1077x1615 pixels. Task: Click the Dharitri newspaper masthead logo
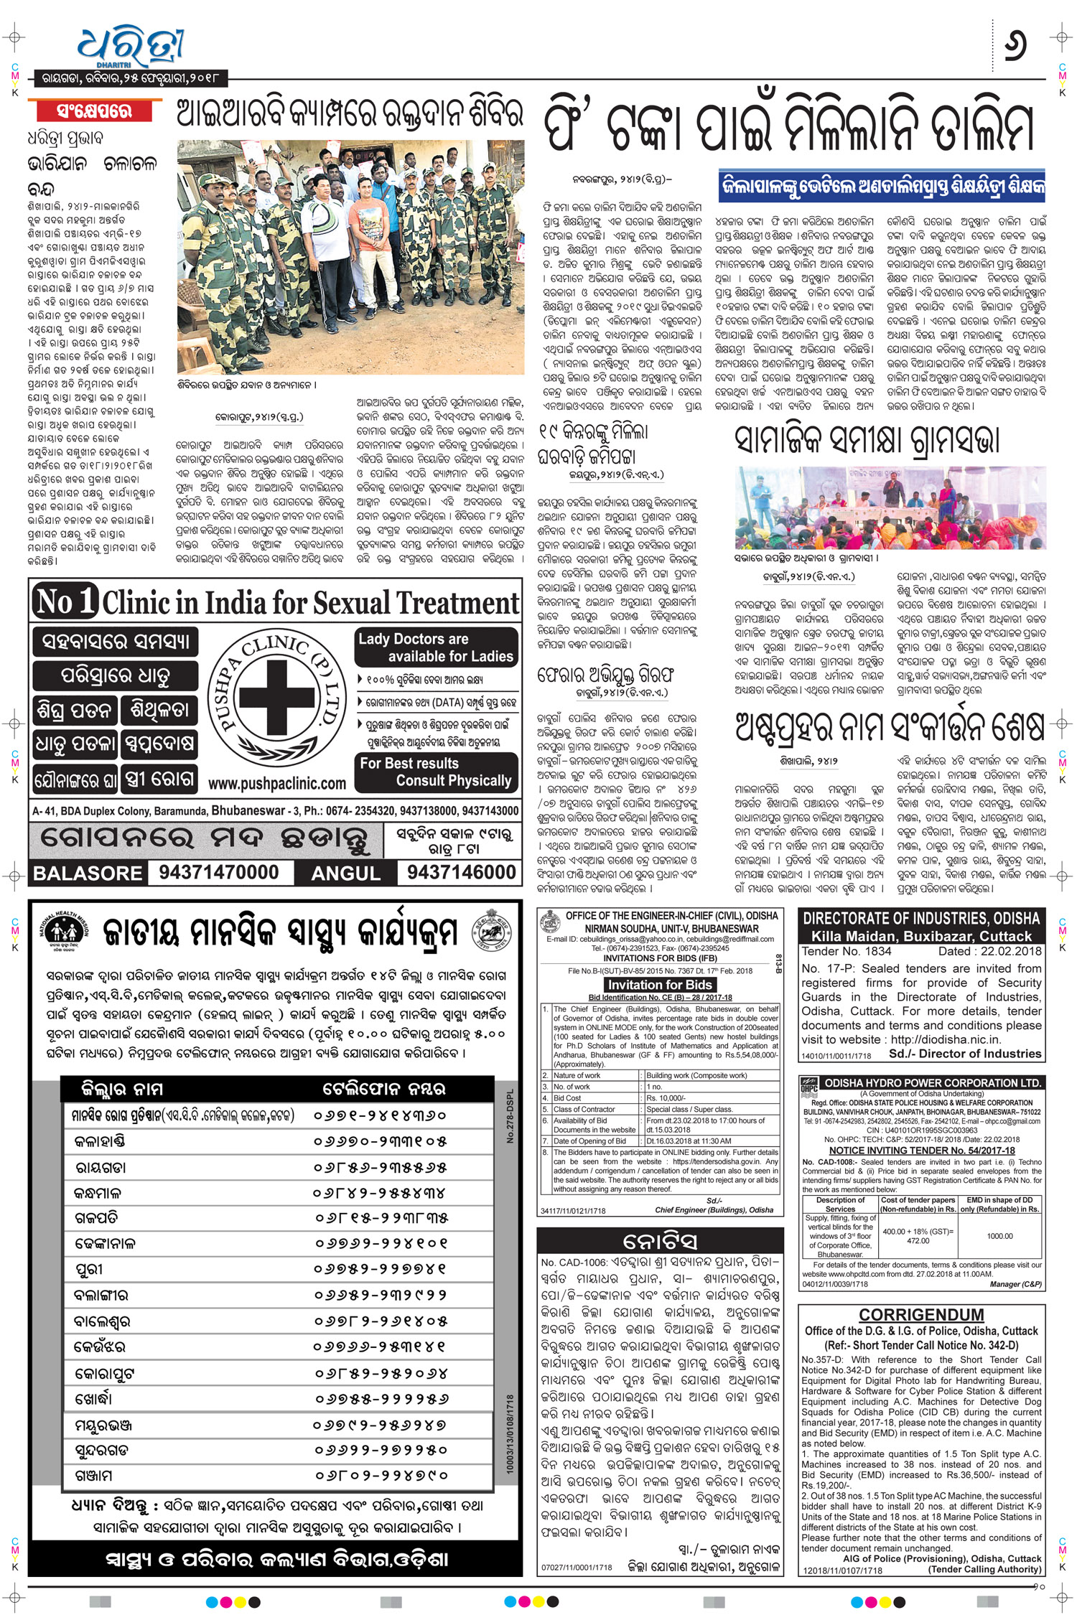point(131,48)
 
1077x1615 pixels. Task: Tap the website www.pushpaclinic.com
point(277,783)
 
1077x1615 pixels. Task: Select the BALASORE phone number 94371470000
point(219,872)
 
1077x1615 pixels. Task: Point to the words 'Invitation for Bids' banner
point(660,985)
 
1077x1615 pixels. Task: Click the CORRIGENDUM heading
point(921,1314)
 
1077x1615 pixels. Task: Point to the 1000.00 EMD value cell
point(999,1236)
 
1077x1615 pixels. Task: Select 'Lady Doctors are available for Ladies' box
point(436,647)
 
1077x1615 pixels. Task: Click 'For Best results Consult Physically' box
point(436,772)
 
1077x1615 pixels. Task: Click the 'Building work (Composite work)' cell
point(696,1075)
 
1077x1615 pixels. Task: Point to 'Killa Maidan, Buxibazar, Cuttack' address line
point(921,936)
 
